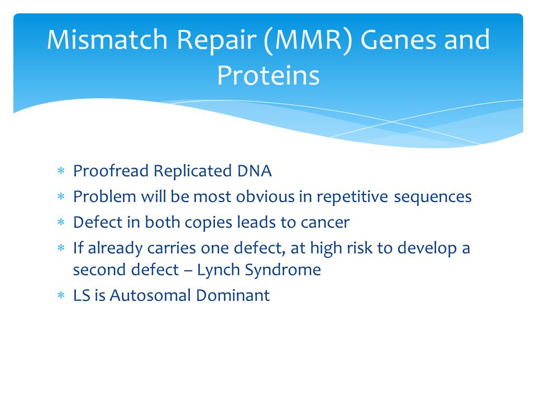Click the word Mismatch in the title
tap(107, 39)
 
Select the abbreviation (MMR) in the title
tap(308, 41)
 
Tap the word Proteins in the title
tap(269, 75)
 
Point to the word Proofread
tap(111, 171)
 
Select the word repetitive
tap(352, 197)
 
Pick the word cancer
tap(325, 223)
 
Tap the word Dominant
tap(233, 295)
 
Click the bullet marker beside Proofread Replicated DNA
tap(61, 171)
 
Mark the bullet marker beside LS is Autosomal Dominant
tap(61, 295)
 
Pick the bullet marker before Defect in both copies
tap(61, 222)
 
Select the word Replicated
tap(193, 171)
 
